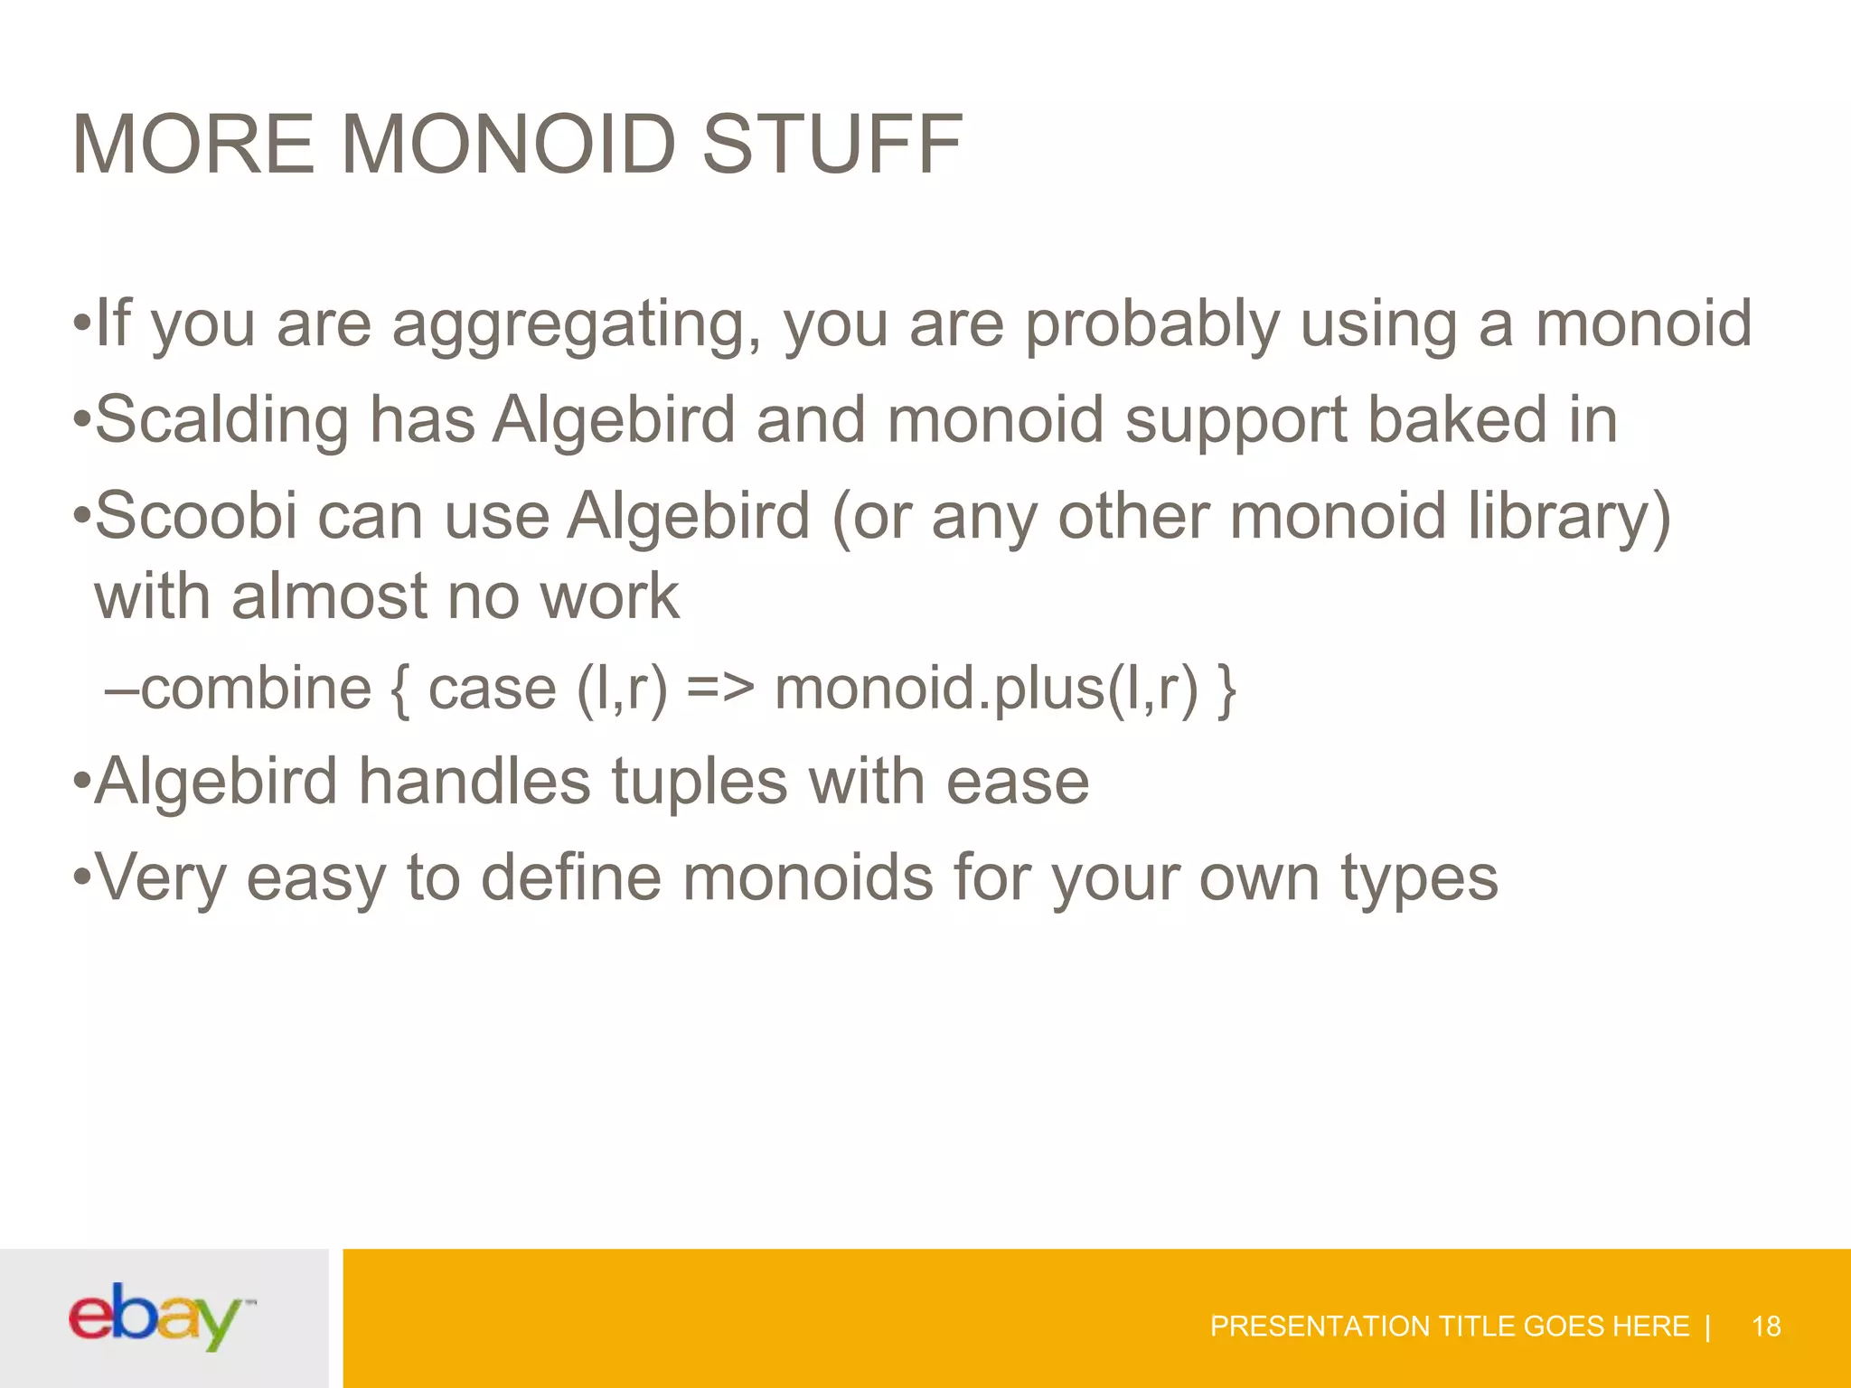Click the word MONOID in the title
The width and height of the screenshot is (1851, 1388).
(508, 145)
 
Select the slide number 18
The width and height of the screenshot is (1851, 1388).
(1765, 1327)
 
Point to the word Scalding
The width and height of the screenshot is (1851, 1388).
(221, 421)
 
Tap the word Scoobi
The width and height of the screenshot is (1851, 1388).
(196, 516)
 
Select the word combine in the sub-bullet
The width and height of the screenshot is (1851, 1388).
(256, 689)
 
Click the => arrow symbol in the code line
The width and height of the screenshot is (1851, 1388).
(719, 689)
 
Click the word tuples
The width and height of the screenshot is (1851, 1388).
(700, 782)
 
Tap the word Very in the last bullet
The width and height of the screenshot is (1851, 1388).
(161, 878)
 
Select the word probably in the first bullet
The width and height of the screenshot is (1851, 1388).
(1152, 325)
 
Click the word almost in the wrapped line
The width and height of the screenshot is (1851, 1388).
(329, 597)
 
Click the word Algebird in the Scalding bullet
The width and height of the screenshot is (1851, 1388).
(615, 421)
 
